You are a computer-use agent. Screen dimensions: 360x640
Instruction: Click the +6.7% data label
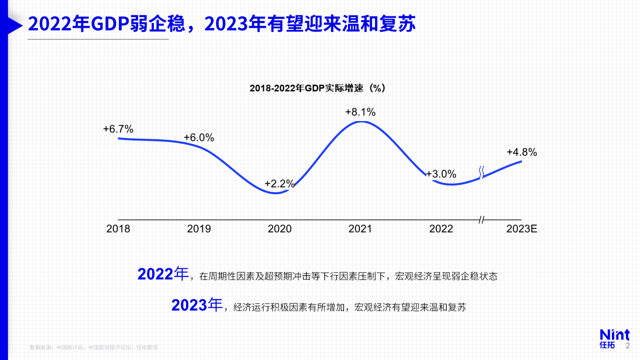(x=118, y=129)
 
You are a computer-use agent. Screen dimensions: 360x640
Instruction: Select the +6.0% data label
(x=199, y=138)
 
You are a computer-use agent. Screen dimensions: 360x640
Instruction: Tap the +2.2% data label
(x=279, y=184)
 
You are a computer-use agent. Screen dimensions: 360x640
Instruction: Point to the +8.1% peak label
(x=360, y=112)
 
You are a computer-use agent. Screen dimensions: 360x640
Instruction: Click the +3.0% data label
(x=441, y=174)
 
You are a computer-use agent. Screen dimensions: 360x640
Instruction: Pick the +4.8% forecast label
(x=522, y=152)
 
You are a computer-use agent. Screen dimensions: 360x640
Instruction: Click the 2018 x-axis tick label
(x=118, y=229)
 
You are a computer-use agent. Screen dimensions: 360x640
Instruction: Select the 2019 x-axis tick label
(x=199, y=229)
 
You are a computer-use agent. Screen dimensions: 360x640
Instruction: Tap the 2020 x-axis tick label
(x=279, y=229)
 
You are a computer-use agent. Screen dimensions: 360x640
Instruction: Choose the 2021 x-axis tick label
(x=360, y=229)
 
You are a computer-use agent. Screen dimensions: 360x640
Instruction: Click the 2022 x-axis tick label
(x=441, y=229)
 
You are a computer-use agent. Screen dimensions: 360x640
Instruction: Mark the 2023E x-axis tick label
(x=522, y=229)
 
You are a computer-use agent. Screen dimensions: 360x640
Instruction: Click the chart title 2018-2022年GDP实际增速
(x=317, y=88)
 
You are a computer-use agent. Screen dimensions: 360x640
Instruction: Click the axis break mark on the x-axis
(x=482, y=220)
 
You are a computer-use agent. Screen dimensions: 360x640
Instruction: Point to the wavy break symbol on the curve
(x=482, y=173)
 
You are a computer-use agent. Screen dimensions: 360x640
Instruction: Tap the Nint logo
(x=614, y=338)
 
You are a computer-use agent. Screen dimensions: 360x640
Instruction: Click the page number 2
(x=627, y=346)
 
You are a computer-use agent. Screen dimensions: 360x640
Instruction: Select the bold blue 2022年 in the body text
(x=163, y=274)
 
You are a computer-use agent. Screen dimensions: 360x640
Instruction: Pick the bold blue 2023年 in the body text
(x=197, y=305)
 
